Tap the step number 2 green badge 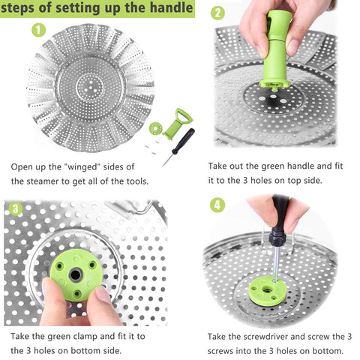coord(217,13)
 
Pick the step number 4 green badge coord(217,204)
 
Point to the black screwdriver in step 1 coord(180,143)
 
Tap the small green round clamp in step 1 coord(156,128)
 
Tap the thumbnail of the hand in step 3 coord(51,287)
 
